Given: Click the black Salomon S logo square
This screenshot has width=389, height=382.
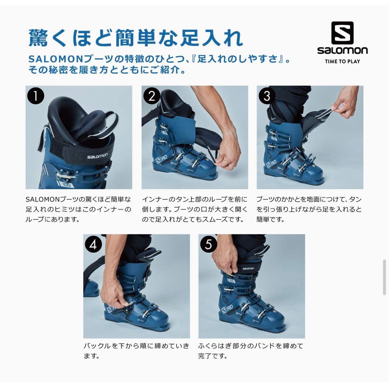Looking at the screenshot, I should (x=342, y=33).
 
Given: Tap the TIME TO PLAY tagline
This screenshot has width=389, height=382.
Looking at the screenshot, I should (x=342, y=61).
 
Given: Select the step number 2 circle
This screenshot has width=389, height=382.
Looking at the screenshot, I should (x=152, y=96).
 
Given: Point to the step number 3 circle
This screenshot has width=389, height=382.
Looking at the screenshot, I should (x=267, y=96).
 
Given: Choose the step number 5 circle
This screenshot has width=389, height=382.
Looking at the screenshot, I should (x=209, y=245).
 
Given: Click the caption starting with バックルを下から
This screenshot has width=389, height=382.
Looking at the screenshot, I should (x=137, y=351).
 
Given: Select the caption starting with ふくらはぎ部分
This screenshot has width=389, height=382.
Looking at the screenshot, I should (x=251, y=351).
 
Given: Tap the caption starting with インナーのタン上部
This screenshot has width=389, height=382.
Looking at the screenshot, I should (x=194, y=209).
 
